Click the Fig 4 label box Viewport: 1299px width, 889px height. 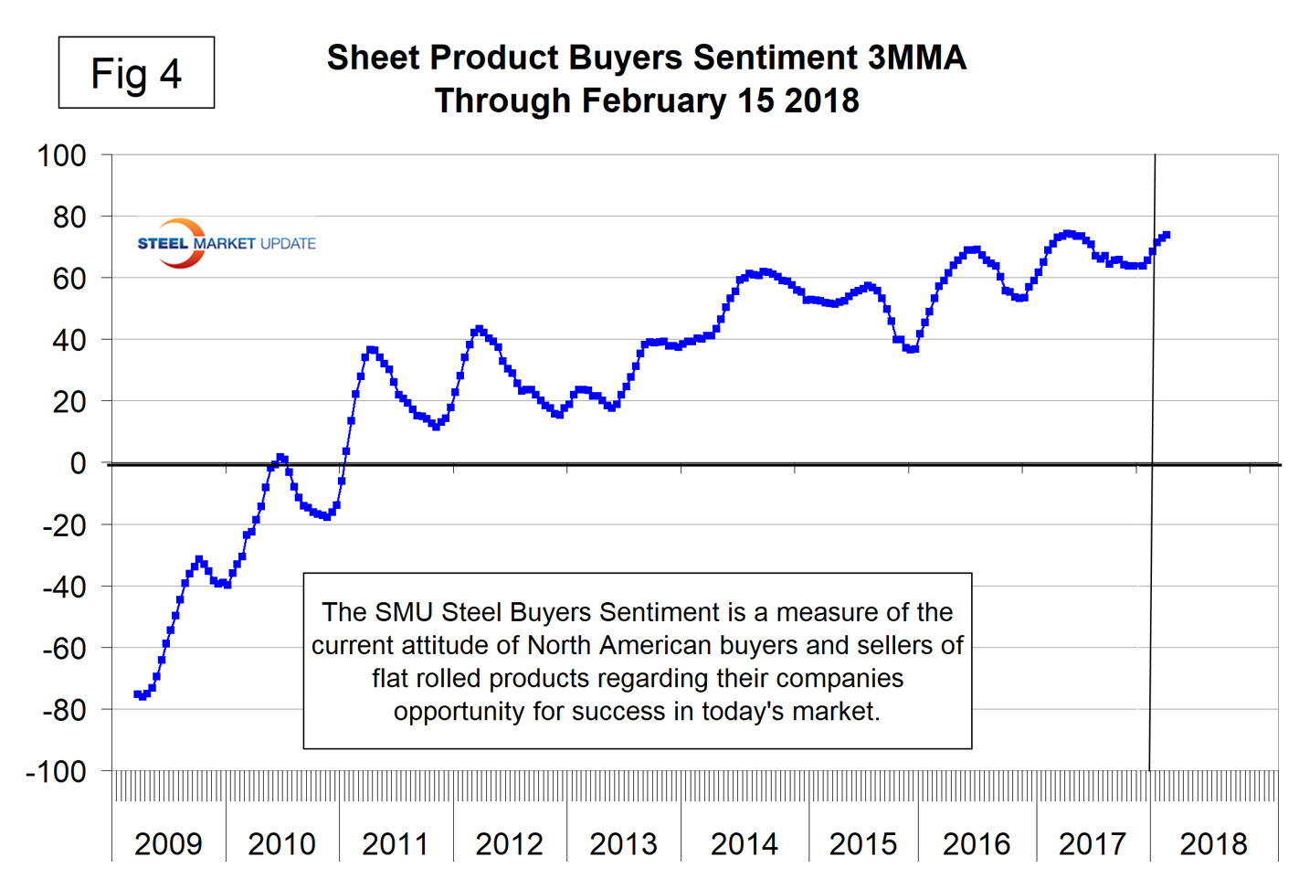(x=136, y=73)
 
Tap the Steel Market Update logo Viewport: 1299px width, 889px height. (x=226, y=243)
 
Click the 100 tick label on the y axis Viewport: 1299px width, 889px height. (x=61, y=155)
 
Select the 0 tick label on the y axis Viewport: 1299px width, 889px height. (x=78, y=463)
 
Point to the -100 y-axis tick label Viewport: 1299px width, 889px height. (x=56, y=771)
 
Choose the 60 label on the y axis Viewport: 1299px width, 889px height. (x=69, y=278)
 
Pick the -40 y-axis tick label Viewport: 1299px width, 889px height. (x=64, y=587)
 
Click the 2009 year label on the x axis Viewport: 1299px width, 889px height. (x=168, y=843)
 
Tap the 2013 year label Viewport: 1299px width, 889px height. (x=623, y=843)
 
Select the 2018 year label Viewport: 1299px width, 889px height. (x=1213, y=843)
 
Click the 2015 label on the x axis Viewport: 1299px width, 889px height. (x=863, y=843)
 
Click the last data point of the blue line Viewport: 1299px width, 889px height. (x=1166, y=236)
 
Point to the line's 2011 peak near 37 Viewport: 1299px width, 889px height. (x=370, y=350)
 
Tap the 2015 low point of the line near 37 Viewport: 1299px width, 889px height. (x=909, y=349)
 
